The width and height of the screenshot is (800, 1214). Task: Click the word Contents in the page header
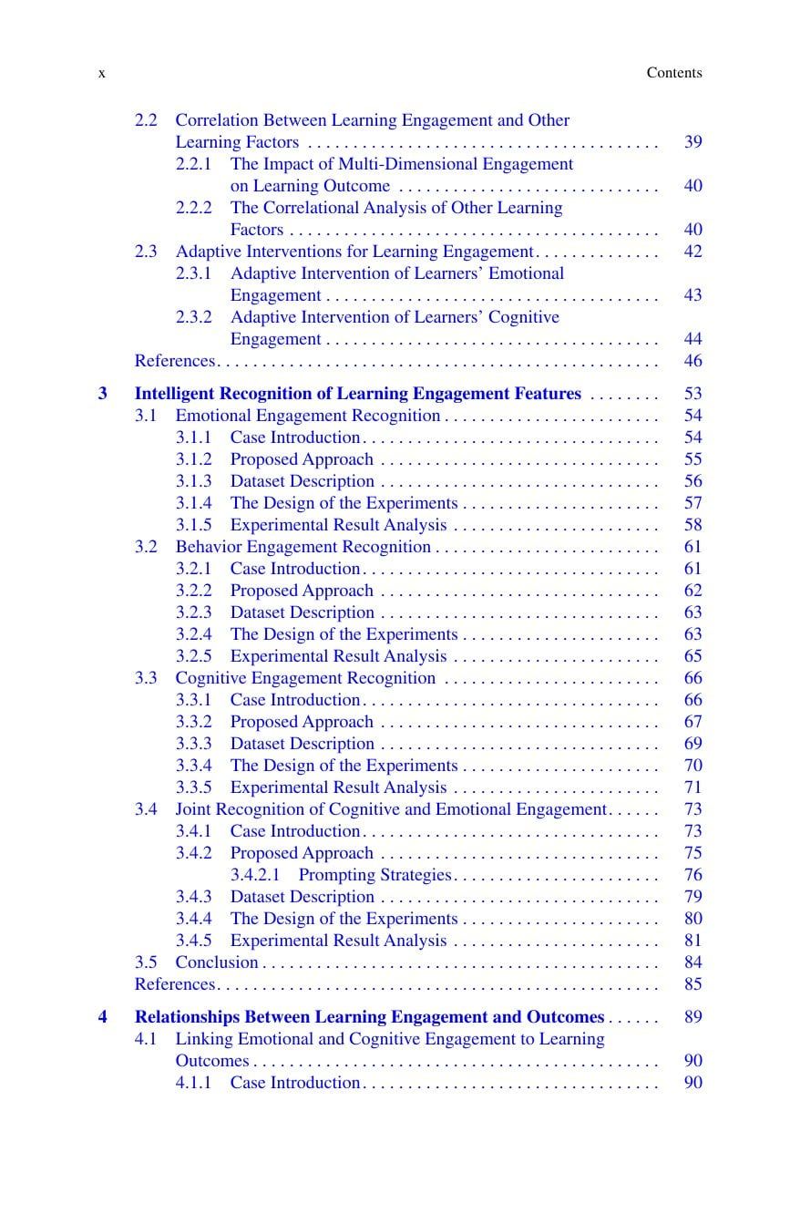pyautogui.click(x=674, y=73)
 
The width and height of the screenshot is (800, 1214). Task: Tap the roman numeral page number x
pyautogui.click(x=101, y=73)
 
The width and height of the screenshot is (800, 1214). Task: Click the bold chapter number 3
pyautogui.click(x=103, y=394)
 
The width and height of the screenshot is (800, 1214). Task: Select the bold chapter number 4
pyautogui.click(x=103, y=1017)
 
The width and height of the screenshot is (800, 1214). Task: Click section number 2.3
pyautogui.click(x=146, y=252)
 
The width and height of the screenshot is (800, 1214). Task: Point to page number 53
pyautogui.click(x=692, y=394)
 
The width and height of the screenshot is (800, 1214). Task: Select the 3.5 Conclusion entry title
pyautogui.click(x=217, y=962)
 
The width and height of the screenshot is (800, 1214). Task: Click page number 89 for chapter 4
pyautogui.click(x=692, y=1017)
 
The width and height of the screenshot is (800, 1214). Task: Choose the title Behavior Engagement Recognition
pyautogui.click(x=303, y=547)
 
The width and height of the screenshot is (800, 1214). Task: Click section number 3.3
pyautogui.click(x=146, y=678)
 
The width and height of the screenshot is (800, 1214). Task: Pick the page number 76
pyautogui.click(x=692, y=875)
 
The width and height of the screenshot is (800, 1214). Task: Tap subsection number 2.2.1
pyautogui.click(x=193, y=164)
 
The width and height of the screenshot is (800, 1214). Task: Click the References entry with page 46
pyautogui.click(x=175, y=361)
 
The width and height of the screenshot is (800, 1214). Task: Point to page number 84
pyautogui.click(x=692, y=962)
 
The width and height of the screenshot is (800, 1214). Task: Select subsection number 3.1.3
pyautogui.click(x=193, y=481)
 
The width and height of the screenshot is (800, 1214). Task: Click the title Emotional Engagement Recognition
pyautogui.click(x=308, y=416)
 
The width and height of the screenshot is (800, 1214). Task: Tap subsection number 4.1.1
pyautogui.click(x=193, y=1083)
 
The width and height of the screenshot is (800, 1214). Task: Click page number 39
pyautogui.click(x=692, y=142)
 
